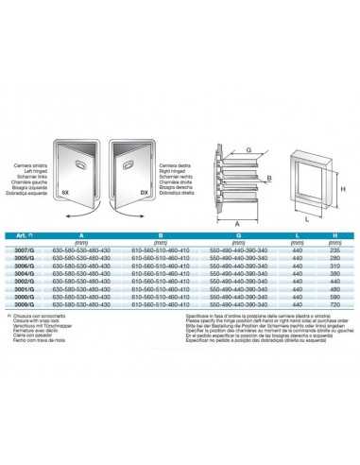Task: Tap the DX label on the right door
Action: tap(145, 192)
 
